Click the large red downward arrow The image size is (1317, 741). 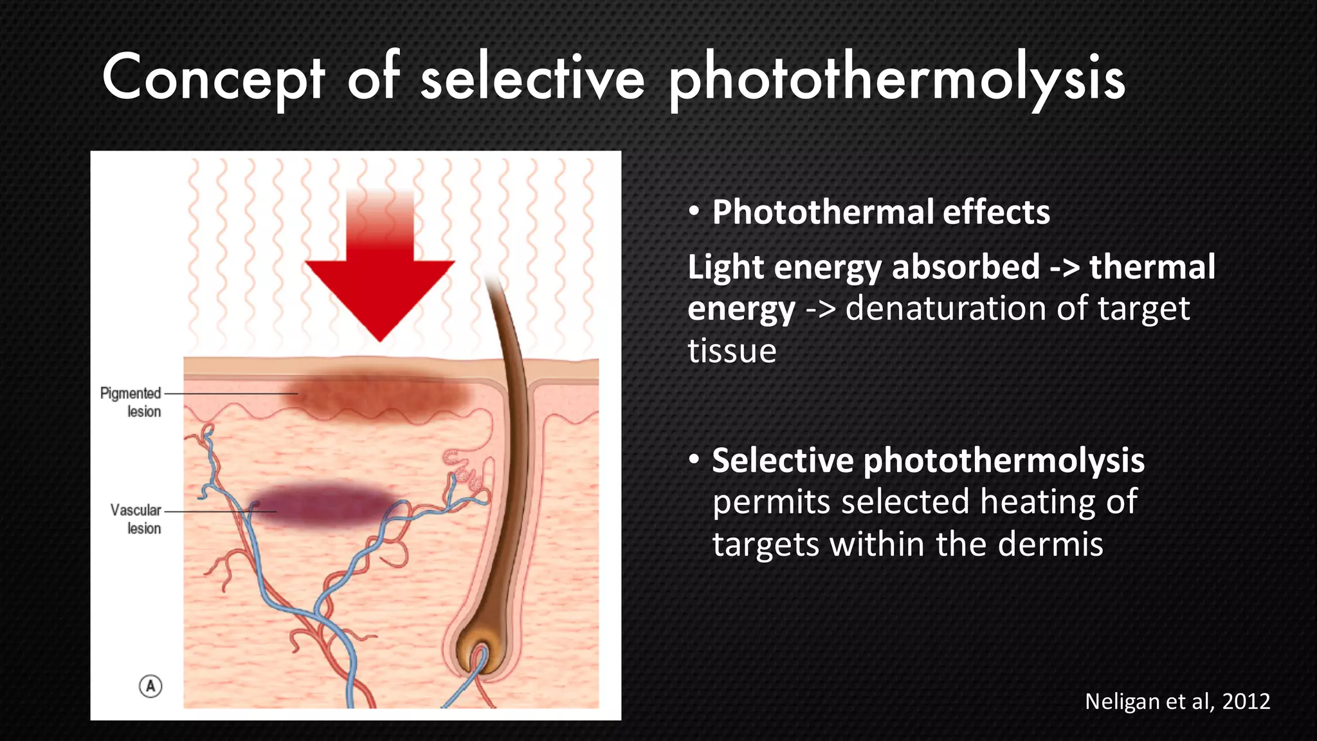click(380, 270)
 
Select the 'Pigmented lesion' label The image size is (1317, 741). click(131, 402)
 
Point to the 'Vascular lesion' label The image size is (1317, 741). click(136, 518)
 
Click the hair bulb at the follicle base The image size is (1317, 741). click(480, 653)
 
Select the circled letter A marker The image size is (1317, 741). click(150, 686)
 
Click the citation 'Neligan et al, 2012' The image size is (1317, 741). click(1177, 701)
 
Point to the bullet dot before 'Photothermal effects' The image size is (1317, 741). click(694, 212)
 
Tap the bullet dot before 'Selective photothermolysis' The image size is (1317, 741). click(694, 460)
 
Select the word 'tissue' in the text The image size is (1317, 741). click(732, 351)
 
